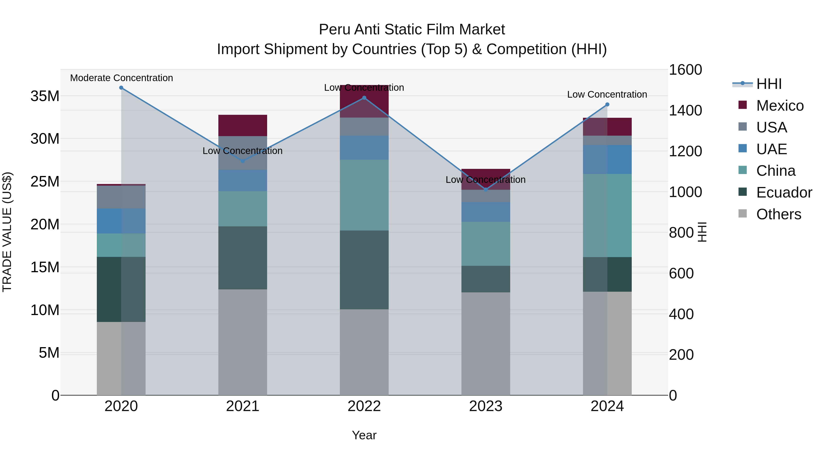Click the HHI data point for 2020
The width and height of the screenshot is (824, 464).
(121, 88)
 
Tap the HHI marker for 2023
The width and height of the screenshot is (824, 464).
(485, 189)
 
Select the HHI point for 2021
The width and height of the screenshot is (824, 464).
(242, 161)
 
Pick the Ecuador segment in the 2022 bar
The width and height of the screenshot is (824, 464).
(364, 270)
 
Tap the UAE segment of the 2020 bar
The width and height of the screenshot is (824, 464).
(121, 221)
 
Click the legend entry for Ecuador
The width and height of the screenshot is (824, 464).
(784, 192)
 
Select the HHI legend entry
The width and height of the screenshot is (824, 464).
(769, 84)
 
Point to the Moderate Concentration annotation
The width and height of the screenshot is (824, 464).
(121, 78)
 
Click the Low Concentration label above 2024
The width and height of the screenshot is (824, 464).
(607, 94)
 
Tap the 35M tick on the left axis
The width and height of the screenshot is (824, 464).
(45, 96)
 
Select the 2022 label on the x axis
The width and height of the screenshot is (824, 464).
(364, 406)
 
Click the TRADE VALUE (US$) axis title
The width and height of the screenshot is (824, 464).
(7, 232)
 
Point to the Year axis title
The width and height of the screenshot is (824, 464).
(364, 435)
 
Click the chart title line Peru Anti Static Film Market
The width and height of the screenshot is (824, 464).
(412, 30)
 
